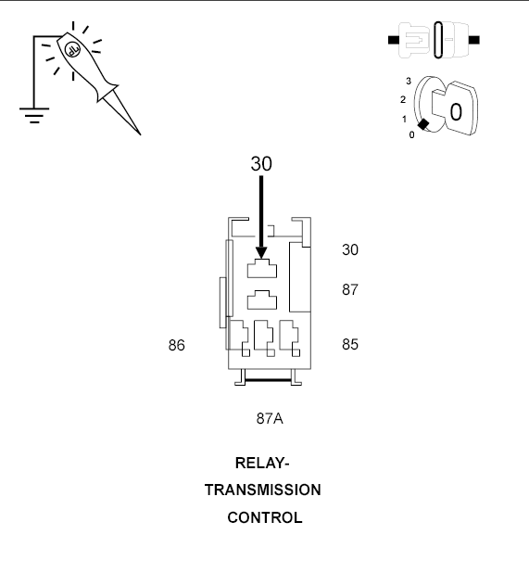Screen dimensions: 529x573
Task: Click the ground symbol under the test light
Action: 34,115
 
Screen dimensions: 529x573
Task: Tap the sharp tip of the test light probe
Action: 141,134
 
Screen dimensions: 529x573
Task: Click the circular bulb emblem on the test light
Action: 72,49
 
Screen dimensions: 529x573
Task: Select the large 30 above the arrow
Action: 261,163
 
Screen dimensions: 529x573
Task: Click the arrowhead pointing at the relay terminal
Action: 261,253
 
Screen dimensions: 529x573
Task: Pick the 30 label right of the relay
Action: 350,250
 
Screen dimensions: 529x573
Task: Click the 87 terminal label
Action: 350,290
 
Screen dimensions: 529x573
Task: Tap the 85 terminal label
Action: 350,344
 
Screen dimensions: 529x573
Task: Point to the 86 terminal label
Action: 176,345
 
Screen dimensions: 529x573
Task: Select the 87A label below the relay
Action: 270,418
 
